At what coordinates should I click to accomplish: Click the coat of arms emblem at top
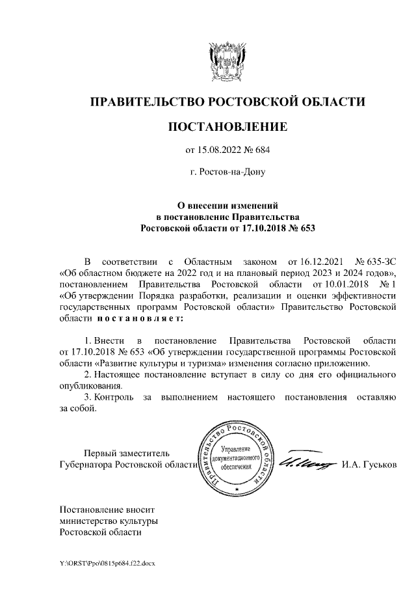[227, 61]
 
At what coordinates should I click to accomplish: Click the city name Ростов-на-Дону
[227, 172]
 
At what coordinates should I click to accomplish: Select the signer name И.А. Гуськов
[369, 465]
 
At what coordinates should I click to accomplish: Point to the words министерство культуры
[109, 521]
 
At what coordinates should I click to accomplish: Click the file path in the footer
[107, 561]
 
